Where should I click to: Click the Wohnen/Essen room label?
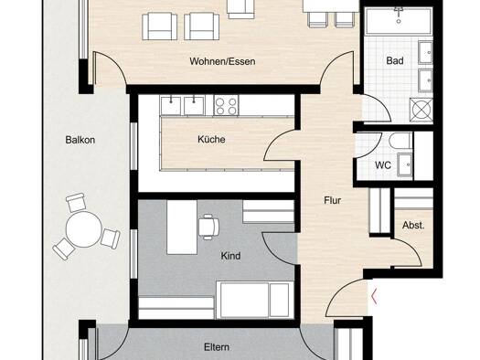(x=222, y=61)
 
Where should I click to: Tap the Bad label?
(x=395, y=60)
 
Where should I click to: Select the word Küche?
(x=211, y=139)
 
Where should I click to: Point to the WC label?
(x=383, y=165)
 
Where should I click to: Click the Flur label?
(x=333, y=200)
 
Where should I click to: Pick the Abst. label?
(x=413, y=226)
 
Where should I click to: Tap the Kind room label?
(x=230, y=256)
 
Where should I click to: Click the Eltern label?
(x=217, y=347)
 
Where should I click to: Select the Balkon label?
(x=80, y=140)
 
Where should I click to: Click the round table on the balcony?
(x=83, y=229)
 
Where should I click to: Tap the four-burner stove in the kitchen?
(x=226, y=105)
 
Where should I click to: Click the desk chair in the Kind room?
(x=208, y=227)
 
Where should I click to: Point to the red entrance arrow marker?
(x=373, y=296)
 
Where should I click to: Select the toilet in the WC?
(x=400, y=142)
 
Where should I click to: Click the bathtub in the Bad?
(x=399, y=21)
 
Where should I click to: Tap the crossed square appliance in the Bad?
(x=421, y=110)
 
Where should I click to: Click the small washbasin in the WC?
(x=404, y=164)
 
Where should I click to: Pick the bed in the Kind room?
(x=255, y=300)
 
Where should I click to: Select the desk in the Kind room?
(x=182, y=228)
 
